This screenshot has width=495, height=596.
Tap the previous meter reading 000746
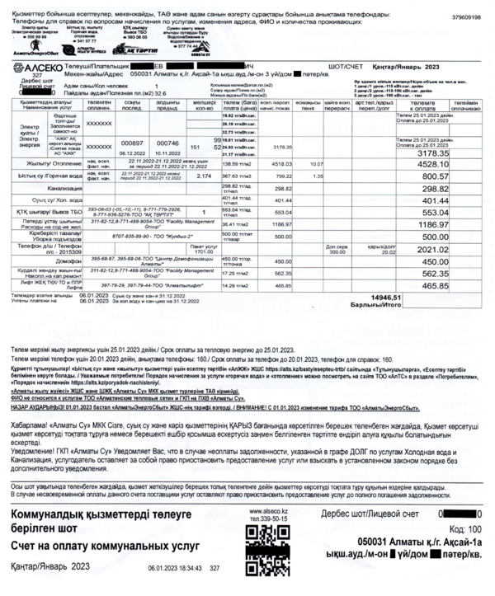click(168, 142)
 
